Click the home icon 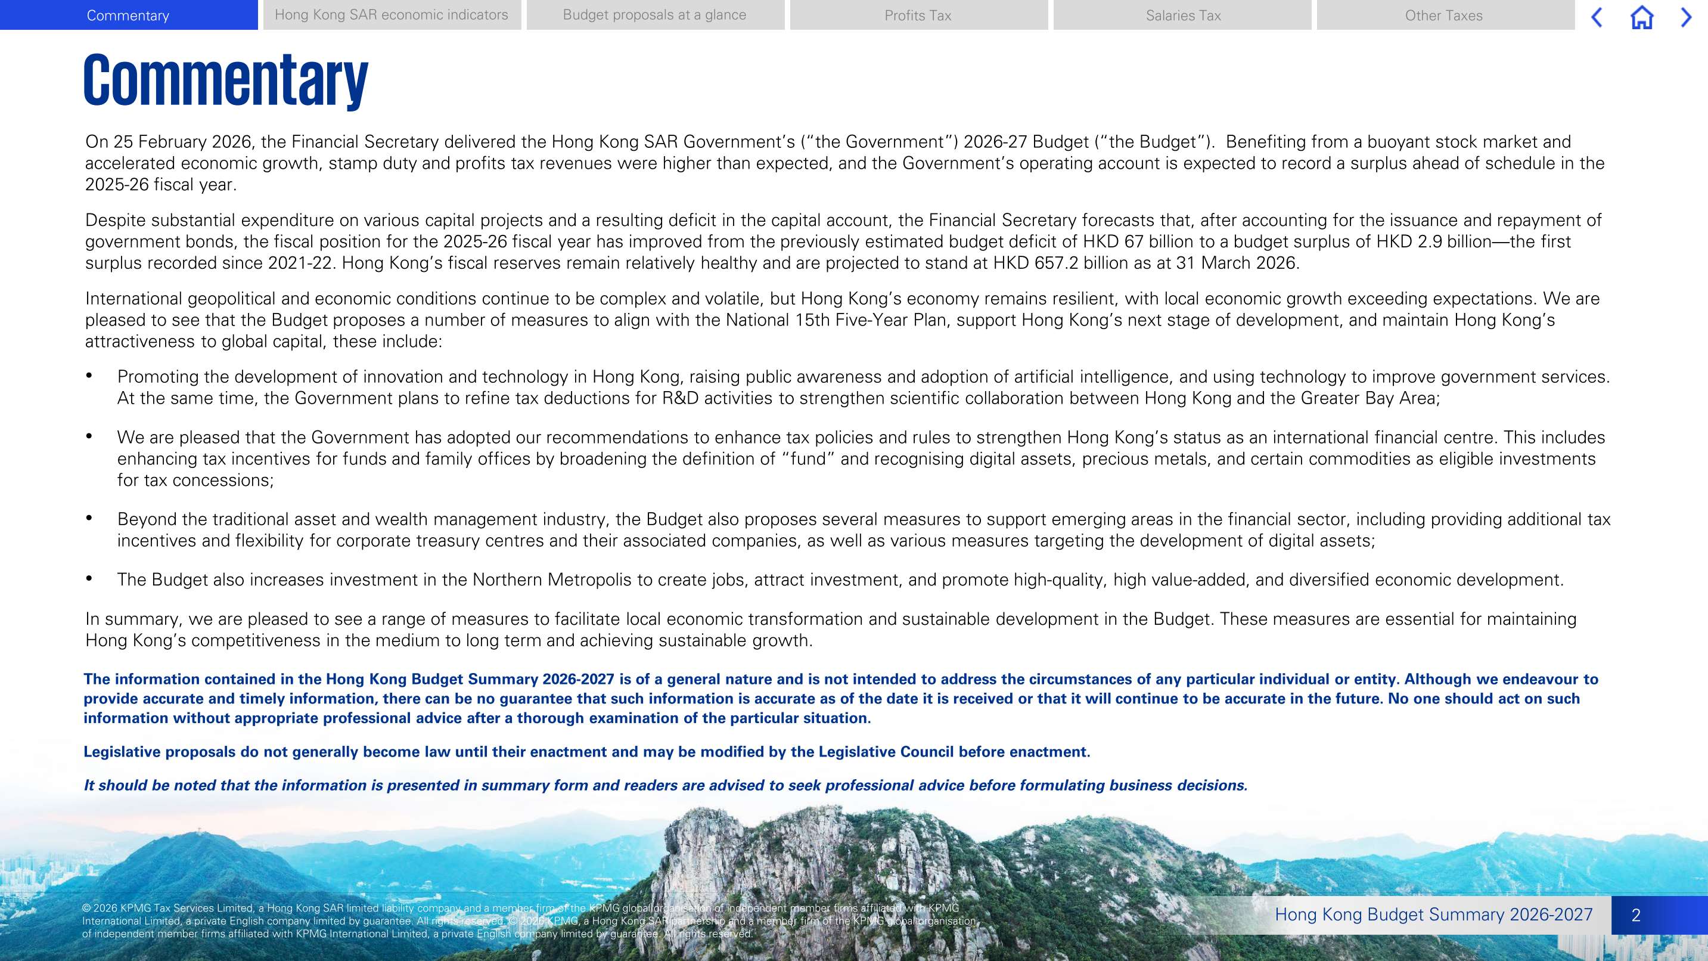pos(1642,17)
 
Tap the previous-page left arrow pos(1597,17)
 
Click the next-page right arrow pos(1686,17)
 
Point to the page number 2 pos(1636,915)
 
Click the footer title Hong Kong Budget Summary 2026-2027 pos(1433,914)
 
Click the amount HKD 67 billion pos(1144,242)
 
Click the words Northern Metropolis pos(552,580)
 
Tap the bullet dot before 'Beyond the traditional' pos(89,518)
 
